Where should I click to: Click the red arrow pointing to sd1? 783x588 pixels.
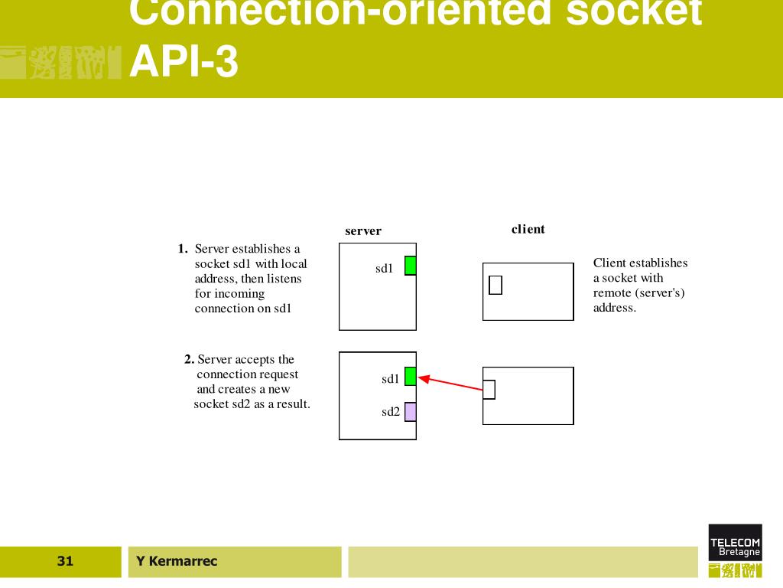[x=451, y=383]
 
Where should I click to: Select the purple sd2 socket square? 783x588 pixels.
[x=411, y=412]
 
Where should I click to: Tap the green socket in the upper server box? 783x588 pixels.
[x=411, y=266]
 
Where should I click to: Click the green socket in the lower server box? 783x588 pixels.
[x=411, y=377]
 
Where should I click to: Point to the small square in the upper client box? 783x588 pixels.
[x=495, y=285]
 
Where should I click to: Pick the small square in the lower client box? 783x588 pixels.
[x=489, y=390]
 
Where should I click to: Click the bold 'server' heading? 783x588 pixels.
[x=363, y=231]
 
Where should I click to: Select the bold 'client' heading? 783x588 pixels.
[x=528, y=229]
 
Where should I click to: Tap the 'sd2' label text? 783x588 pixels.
[x=391, y=412]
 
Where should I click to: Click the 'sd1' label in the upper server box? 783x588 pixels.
[x=384, y=268]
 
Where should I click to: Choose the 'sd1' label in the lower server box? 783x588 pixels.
[x=391, y=379]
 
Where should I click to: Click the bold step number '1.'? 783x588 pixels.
[x=183, y=249]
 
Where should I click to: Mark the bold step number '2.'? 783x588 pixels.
[x=190, y=359]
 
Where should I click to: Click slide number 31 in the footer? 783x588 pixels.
[x=65, y=562]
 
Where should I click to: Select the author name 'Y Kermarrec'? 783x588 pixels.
[x=177, y=562]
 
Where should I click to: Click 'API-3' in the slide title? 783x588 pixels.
[x=184, y=63]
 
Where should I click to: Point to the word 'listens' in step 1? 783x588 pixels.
[x=284, y=279]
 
